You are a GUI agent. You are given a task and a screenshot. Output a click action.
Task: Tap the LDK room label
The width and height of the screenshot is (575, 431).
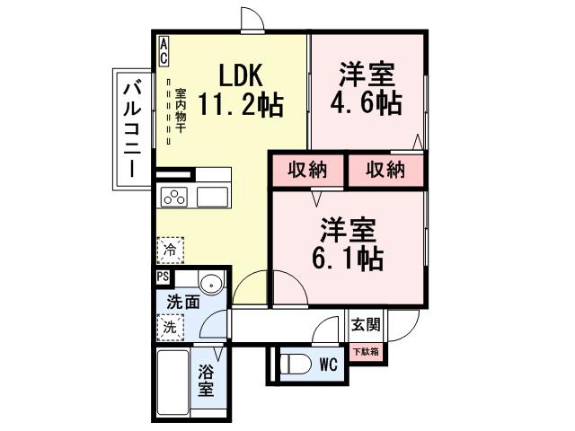tap(239, 74)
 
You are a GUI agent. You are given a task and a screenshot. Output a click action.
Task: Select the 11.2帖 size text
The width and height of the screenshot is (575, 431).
tap(240, 106)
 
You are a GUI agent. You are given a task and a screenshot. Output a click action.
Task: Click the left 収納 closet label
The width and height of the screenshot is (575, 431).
tap(307, 170)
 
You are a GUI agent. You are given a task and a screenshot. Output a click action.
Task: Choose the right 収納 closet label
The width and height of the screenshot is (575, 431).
tap(385, 170)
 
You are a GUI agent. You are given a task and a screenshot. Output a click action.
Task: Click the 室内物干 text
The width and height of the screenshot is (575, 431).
tap(181, 110)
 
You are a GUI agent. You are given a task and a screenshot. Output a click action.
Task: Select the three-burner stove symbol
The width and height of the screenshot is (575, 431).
tap(173, 197)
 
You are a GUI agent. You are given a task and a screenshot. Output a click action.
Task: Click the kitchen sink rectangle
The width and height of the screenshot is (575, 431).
tap(213, 197)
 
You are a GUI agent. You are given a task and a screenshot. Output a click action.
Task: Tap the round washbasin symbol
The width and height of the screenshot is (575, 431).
tap(211, 286)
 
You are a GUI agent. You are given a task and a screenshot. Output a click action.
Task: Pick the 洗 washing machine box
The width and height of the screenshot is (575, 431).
tap(169, 328)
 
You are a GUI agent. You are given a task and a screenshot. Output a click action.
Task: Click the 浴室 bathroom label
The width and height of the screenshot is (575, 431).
tap(207, 379)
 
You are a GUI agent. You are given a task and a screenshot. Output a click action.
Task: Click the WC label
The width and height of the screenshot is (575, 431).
tap(328, 365)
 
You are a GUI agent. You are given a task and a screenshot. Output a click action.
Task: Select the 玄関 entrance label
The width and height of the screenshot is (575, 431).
tap(366, 325)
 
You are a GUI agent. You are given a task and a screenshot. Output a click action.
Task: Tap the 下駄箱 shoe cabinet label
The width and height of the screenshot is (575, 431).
tap(365, 351)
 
